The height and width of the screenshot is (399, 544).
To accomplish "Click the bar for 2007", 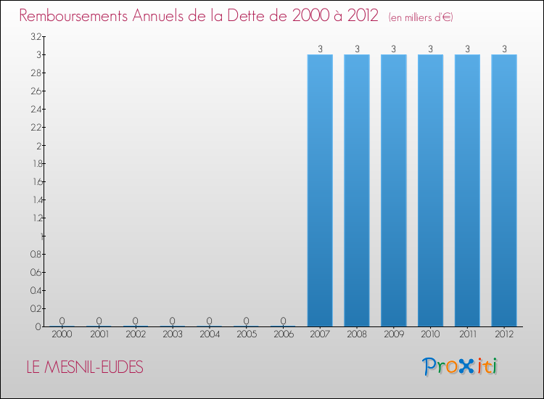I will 320,190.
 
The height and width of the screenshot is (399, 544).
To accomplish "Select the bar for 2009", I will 393,190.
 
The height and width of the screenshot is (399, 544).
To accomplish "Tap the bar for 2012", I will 504,190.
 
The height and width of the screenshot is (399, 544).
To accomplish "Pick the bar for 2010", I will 430,190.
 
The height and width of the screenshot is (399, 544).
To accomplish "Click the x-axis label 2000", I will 62,334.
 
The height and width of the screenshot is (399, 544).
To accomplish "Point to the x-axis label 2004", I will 209,334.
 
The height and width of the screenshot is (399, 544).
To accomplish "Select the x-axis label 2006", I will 283,334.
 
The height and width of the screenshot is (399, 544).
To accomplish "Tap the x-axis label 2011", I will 467,334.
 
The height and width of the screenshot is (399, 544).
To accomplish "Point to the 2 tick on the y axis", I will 38,146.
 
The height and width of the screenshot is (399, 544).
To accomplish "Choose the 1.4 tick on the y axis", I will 36,200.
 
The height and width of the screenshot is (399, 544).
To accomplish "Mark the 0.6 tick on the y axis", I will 36,273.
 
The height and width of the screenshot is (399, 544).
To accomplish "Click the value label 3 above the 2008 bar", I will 356,49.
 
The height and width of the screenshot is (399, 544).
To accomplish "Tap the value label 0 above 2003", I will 172,321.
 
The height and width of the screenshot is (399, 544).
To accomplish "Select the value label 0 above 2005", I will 246,321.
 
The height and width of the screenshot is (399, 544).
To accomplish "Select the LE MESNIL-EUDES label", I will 84,368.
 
